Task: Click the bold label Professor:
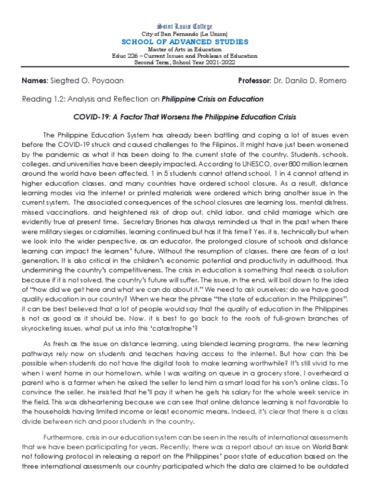coord(255,80)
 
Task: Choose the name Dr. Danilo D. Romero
coord(316,80)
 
